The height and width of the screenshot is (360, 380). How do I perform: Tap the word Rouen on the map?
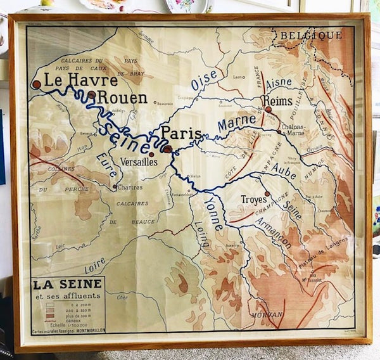coord(122,98)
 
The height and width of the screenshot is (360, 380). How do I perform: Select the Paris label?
coord(181,133)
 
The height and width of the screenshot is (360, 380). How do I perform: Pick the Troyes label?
coord(253,200)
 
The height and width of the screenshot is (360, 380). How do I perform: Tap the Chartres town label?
coord(131,187)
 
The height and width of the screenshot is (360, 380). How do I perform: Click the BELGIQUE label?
coord(312,35)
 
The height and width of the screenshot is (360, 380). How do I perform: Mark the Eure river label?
coord(107,164)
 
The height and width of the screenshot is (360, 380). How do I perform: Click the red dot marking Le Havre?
coord(37,84)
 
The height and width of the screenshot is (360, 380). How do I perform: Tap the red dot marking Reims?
coord(268,110)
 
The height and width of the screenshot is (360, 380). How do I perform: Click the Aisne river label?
coord(279,83)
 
